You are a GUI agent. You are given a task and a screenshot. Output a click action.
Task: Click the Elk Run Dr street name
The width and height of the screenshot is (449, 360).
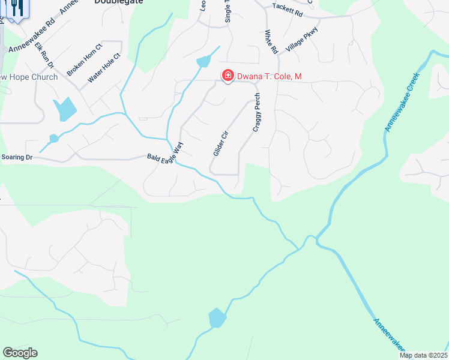click(x=44, y=55)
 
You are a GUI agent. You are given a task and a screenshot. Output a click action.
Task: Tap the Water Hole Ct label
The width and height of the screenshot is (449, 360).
click(x=104, y=68)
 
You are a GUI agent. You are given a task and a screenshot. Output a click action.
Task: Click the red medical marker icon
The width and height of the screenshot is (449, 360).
click(x=228, y=76)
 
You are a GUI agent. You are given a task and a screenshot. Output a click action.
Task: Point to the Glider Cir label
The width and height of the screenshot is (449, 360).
click(x=221, y=143)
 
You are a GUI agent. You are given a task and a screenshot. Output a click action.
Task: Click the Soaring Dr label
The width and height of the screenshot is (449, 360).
click(x=17, y=157)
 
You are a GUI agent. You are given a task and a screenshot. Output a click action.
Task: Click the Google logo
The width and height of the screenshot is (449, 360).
click(x=20, y=353)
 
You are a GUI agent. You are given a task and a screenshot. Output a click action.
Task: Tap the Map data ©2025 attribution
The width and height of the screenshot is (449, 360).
click(x=423, y=355)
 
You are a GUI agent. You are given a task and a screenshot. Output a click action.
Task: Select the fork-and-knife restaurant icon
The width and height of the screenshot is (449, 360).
click(x=17, y=8)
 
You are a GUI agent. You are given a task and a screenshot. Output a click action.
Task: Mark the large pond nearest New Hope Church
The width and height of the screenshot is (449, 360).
click(x=65, y=109)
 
